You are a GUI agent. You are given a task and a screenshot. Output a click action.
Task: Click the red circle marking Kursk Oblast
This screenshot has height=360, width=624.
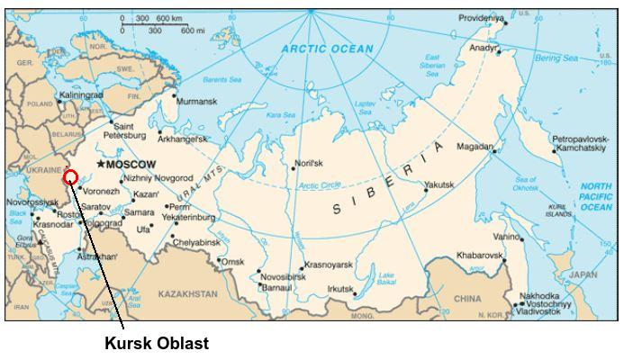point(71,176)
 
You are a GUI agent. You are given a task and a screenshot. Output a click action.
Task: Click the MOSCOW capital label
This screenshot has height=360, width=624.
point(131,166)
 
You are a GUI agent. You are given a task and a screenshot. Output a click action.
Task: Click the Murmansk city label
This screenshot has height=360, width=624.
point(196,102)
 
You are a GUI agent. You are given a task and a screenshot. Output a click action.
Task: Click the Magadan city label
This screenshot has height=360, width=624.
point(475,147)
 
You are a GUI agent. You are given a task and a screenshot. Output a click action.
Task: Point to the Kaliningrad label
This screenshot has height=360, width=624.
point(83,94)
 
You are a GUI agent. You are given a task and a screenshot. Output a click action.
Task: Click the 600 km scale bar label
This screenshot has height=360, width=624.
point(169,19)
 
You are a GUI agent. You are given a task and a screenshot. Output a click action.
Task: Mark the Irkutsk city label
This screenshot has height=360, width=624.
point(341,289)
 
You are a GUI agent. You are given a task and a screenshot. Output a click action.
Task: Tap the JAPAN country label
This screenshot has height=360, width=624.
point(583,274)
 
